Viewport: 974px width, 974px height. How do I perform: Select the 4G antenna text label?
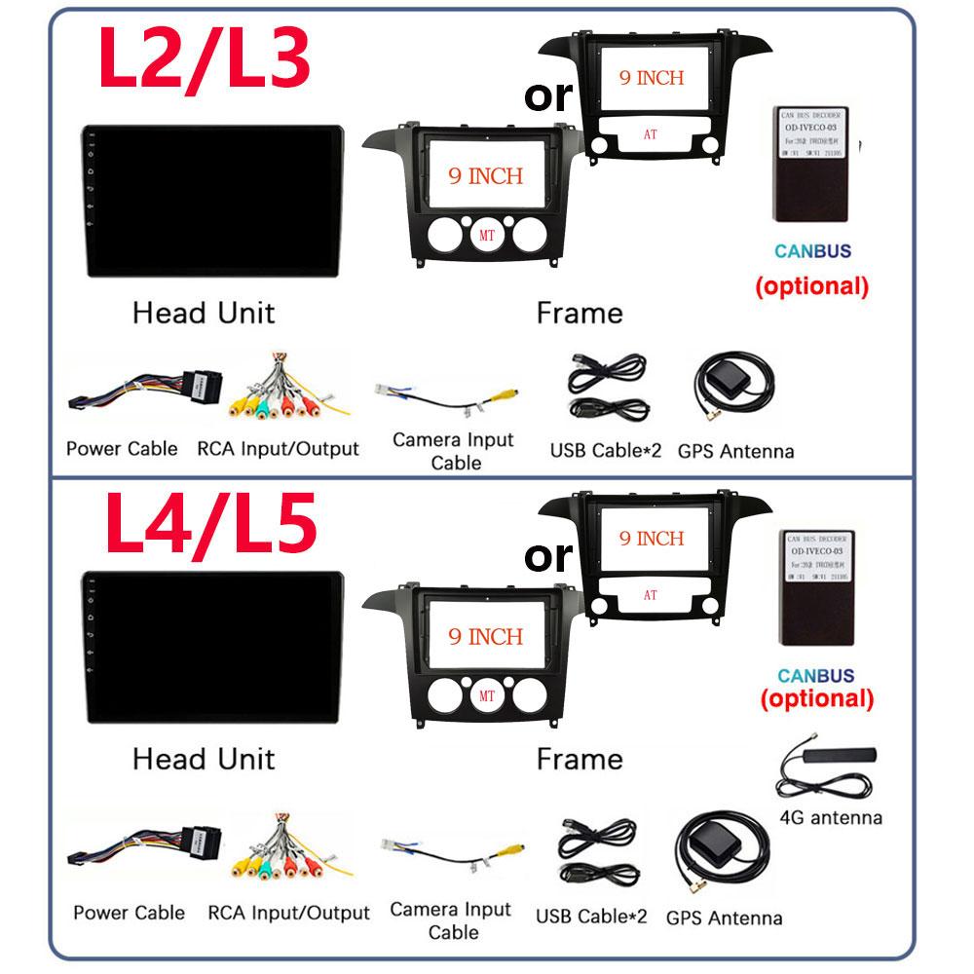(x=831, y=817)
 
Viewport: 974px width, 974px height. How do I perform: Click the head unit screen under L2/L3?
(x=212, y=200)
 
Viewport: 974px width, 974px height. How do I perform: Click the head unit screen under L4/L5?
(x=212, y=648)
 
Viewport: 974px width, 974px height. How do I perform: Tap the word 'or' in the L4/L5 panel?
(x=548, y=555)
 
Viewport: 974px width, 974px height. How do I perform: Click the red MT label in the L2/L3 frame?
(x=486, y=236)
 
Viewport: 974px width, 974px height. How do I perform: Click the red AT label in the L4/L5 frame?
(x=651, y=593)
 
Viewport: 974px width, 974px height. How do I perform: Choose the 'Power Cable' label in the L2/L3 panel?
(x=122, y=449)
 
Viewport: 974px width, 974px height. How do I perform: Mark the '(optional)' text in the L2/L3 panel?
(x=811, y=286)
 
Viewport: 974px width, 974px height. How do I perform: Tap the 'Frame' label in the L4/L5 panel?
(x=579, y=759)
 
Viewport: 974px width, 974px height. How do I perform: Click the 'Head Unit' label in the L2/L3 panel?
(x=204, y=313)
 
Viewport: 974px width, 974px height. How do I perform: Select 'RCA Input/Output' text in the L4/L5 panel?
(x=288, y=914)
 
